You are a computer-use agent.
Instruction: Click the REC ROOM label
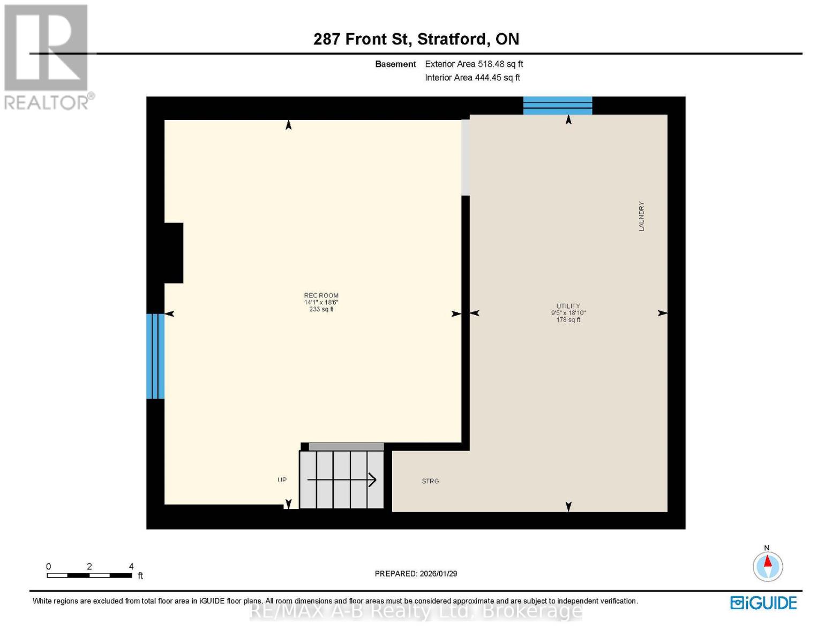point(321,296)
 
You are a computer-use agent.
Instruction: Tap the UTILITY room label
point(568,306)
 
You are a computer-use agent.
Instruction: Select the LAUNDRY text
point(641,216)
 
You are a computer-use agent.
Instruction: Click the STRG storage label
point(430,481)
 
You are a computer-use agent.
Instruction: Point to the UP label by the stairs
point(282,480)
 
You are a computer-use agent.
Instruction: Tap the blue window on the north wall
point(557,106)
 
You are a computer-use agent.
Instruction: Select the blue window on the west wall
point(155,356)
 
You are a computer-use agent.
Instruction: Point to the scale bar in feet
point(89,575)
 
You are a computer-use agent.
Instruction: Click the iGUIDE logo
point(763,603)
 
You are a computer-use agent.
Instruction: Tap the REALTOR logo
point(47,56)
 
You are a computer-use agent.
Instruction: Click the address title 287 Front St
point(416,39)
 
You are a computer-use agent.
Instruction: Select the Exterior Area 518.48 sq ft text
point(474,64)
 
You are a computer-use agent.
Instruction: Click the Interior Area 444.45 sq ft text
point(473,78)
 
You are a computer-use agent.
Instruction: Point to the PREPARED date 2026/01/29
point(416,573)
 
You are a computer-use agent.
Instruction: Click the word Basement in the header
point(395,64)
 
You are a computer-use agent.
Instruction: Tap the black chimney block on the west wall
point(173,253)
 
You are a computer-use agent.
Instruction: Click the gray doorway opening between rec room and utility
point(466,158)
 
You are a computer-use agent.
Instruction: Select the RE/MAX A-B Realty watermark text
point(416,610)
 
